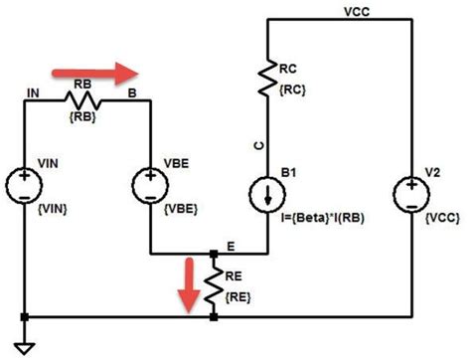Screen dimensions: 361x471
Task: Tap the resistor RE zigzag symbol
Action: (214, 284)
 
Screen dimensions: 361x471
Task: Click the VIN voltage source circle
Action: (24, 185)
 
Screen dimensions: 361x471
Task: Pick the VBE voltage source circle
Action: (150, 185)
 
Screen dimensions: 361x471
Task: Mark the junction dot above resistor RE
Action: (214, 255)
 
